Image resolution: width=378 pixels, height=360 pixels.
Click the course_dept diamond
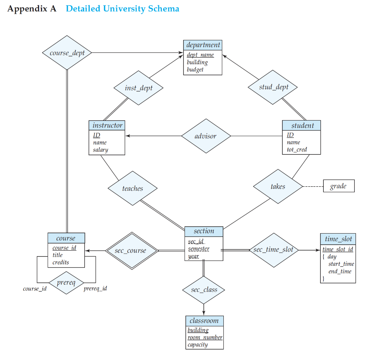[67, 53]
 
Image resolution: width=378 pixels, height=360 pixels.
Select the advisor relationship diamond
[206, 136]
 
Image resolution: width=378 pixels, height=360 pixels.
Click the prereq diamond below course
[66, 283]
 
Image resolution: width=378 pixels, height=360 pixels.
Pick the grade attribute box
[339, 186]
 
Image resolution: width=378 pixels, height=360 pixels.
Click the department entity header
[203, 45]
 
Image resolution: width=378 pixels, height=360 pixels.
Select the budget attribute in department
[195, 69]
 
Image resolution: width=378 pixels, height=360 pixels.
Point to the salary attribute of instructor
[100, 150]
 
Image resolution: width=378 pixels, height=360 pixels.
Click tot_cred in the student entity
[297, 150]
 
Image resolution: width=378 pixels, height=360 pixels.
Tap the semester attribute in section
[199, 249]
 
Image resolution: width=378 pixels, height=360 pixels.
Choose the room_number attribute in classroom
[205, 337]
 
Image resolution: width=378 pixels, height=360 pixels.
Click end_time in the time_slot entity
[340, 271]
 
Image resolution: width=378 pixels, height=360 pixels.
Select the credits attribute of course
[61, 262]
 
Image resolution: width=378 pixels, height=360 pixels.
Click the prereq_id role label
[95, 288]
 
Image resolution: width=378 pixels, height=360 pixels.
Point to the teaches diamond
[133, 189]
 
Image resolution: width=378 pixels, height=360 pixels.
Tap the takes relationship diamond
[278, 186]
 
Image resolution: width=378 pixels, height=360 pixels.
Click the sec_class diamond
[204, 290]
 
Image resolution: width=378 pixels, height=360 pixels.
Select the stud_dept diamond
[273, 87]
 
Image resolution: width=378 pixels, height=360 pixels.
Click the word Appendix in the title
[26, 9]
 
